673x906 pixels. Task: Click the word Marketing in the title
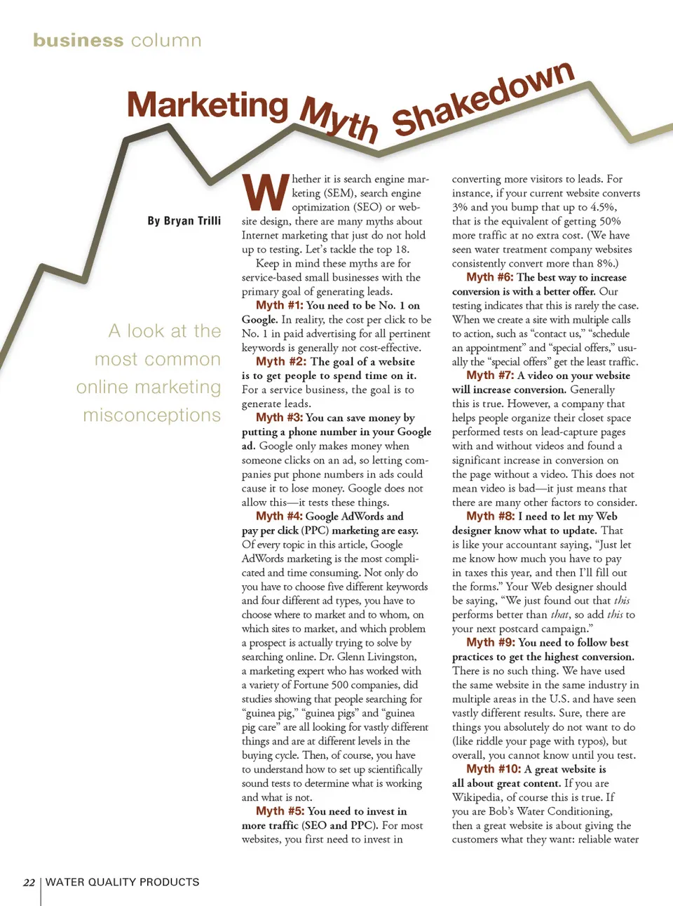click(208, 105)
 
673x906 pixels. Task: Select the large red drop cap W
click(265, 192)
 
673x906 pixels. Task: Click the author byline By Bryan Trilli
click(184, 221)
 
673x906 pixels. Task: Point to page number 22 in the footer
click(29, 882)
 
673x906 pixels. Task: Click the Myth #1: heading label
click(280, 305)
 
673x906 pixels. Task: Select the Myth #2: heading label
click(281, 361)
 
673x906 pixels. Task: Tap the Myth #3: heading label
click(280, 418)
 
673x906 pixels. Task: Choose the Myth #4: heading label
click(280, 516)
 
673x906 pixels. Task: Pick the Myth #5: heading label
click(280, 811)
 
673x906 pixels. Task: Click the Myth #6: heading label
click(490, 277)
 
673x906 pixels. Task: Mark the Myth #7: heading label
click(490, 375)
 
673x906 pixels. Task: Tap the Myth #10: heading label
click(494, 769)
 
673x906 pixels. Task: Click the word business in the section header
click(78, 40)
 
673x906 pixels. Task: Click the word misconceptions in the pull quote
click(151, 415)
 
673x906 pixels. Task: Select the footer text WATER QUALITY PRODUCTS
click(122, 882)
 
